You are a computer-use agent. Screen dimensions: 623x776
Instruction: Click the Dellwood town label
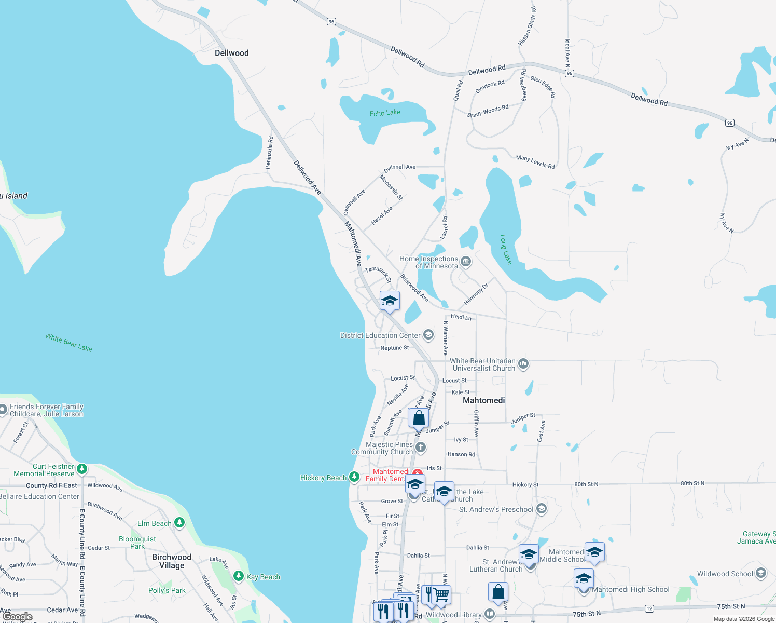[232, 53]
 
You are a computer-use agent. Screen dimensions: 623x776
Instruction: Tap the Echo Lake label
[385, 113]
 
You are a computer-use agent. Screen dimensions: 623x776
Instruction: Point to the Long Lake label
[506, 249]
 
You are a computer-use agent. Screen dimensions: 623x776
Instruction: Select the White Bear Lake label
[69, 343]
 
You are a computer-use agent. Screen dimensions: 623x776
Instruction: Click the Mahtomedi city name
[483, 400]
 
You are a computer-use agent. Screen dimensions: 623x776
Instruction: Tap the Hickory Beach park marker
[354, 477]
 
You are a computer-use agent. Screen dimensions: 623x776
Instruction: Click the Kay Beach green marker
[239, 576]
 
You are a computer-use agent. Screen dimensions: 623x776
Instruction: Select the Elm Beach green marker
[179, 523]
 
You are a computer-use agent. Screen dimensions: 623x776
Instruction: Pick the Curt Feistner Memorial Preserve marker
[82, 469]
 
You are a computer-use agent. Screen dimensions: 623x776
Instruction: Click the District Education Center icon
[428, 335]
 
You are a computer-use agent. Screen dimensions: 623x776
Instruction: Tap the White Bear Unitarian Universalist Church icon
[523, 364]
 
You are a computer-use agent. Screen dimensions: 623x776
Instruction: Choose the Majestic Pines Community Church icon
[421, 447]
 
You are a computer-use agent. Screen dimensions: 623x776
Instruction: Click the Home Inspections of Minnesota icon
[466, 262]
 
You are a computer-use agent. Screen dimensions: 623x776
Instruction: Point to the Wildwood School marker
[761, 573]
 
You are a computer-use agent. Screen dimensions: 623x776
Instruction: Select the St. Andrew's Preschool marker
[542, 509]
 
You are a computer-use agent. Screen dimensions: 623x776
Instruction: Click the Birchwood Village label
[172, 561]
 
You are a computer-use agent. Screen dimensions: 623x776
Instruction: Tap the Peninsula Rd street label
[269, 153]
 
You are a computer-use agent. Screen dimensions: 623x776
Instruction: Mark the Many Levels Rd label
[535, 162]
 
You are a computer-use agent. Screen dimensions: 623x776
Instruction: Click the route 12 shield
[649, 608]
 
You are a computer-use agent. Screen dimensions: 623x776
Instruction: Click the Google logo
[18, 617]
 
